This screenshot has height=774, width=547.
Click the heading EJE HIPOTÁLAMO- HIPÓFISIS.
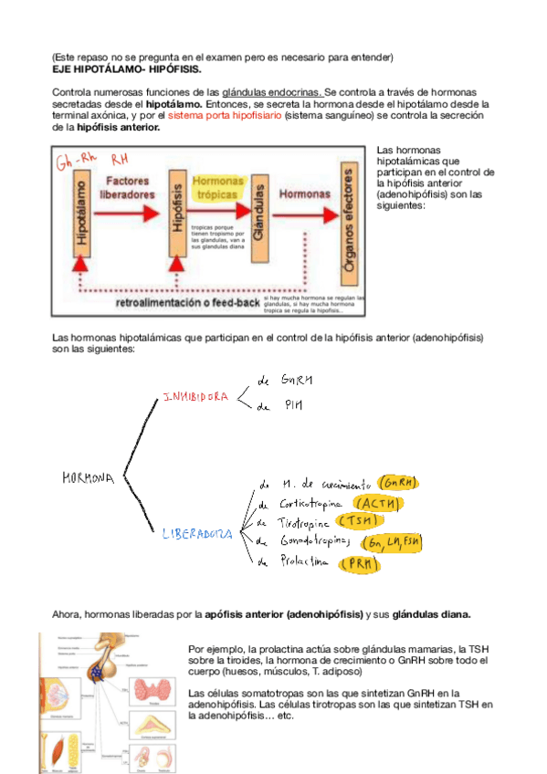point(128,69)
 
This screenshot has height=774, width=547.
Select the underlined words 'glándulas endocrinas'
point(271,93)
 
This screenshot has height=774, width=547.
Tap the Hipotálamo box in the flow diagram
point(83,214)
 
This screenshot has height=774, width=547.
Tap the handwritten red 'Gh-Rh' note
point(76,163)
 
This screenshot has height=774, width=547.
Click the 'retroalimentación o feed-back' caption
point(187,302)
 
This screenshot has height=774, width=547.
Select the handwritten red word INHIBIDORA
point(195,397)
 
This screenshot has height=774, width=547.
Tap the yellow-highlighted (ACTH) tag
point(378,503)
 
